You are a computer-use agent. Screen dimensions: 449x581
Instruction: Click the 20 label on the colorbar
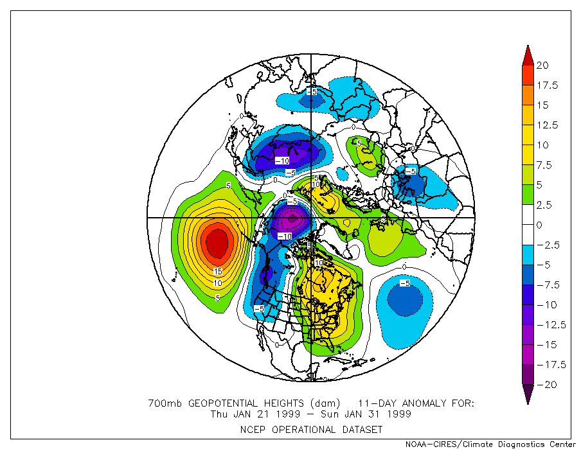[x=543, y=66]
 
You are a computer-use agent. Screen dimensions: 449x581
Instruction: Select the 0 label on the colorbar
[x=540, y=225]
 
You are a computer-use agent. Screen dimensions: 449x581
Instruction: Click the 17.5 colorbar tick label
[x=548, y=85]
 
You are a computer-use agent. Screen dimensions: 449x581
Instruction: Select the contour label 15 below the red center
[x=218, y=272]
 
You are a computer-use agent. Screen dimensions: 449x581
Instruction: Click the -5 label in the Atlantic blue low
[x=405, y=283]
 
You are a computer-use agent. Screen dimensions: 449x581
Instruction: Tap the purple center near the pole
[x=292, y=220]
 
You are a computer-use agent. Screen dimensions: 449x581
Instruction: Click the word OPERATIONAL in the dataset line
[x=311, y=429]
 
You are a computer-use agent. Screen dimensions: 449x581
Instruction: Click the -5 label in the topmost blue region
[x=312, y=92]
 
